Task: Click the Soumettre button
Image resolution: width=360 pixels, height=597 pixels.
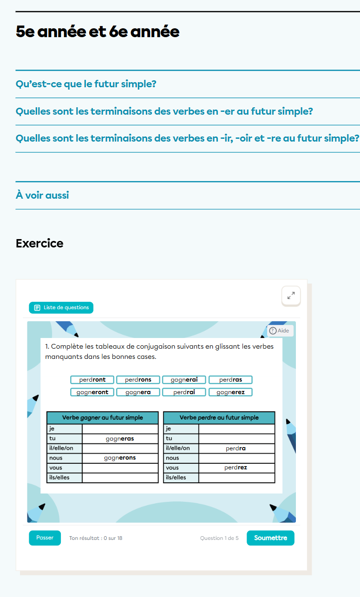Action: [x=270, y=538]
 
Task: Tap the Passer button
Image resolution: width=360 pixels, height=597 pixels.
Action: [x=45, y=538]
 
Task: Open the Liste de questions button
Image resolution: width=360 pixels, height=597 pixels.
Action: [x=61, y=307]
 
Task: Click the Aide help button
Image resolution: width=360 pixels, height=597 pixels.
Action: [x=280, y=331]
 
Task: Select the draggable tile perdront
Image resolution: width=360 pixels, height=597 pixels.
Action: [x=92, y=380]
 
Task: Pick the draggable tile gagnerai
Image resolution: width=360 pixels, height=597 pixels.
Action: [x=184, y=380]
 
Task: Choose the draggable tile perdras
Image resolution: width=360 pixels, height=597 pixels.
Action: [x=230, y=380]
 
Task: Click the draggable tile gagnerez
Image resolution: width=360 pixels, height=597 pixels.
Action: [x=230, y=392]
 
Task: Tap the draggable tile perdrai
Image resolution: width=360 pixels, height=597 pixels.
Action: [x=184, y=392]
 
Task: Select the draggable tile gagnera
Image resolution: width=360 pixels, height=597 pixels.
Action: [x=138, y=392]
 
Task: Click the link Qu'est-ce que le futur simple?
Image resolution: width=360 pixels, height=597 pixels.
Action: [x=86, y=84]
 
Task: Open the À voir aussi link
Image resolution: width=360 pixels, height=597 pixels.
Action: [x=42, y=195]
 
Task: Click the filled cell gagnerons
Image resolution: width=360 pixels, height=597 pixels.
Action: [x=120, y=458]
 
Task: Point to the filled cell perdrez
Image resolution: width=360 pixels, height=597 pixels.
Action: [x=236, y=467]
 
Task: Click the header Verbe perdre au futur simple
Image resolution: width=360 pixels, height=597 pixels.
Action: [x=219, y=417]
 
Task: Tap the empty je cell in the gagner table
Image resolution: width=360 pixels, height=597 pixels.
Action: [x=120, y=429]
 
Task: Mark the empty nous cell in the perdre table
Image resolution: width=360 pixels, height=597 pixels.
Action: [x=236, y=458]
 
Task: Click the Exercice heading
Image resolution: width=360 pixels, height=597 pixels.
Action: [x=39, y=243]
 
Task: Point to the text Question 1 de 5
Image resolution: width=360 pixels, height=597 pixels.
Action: [x=219, y=538]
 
